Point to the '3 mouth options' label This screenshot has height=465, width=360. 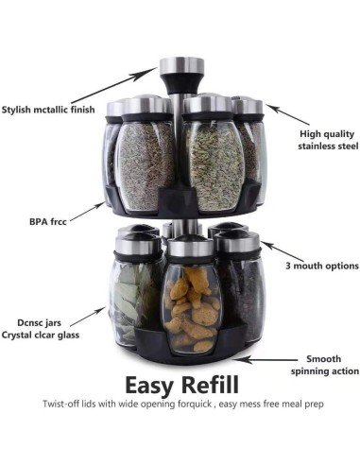tap(317, 267)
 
